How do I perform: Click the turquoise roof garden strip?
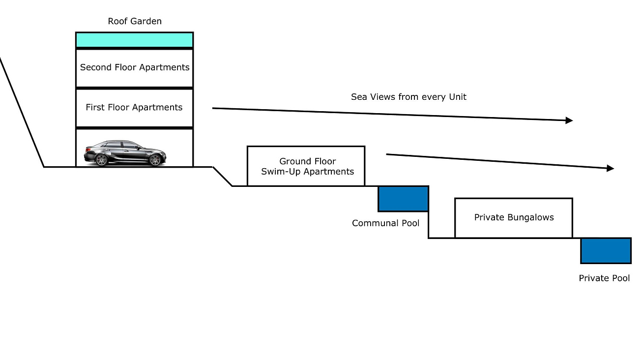click(134, 40)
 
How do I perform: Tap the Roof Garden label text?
click(135, 21)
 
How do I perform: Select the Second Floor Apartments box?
click(134, 68)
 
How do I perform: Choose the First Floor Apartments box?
click(134, 108)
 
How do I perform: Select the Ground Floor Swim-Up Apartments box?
click(306, 166)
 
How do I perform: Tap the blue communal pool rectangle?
click(403, 199)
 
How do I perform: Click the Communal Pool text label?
click(386, 223)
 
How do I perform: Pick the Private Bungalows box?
click(514, 218)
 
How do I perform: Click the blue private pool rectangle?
click(606, 251)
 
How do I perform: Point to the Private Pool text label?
click(604, 278)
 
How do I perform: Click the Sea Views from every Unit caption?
click(409, 97)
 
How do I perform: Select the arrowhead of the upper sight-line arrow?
click(569, 120)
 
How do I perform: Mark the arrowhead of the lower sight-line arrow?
click(611, 168)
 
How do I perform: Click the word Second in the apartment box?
click(96, 67)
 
